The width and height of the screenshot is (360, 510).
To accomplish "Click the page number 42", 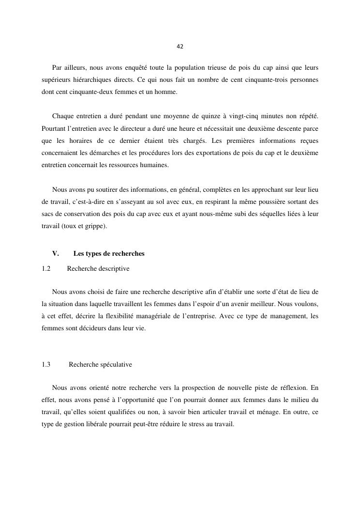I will pyautogui.click(x=180, y=46).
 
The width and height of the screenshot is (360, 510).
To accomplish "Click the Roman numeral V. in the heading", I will pyautogui.click(x=55, y=254).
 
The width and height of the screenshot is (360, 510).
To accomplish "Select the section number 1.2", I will pyautogui.click(x=46, y=268).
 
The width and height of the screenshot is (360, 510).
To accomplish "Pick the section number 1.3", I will pyautogui.click(x=46, y=364).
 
